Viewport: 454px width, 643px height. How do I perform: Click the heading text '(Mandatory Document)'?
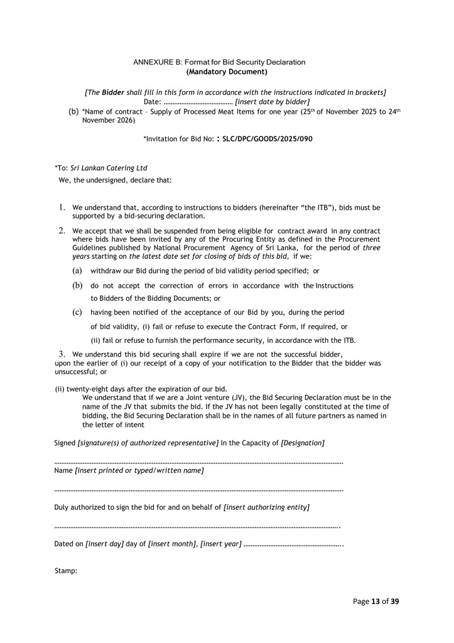[x=219, y=72]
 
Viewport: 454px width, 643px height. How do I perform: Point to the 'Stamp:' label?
[x=67, y=570]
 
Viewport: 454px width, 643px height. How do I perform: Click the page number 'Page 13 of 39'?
[x=376, y=601]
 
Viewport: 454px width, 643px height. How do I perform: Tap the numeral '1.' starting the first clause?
[x=62, y=207]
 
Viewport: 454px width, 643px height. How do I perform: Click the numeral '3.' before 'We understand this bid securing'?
[x=62, y=354]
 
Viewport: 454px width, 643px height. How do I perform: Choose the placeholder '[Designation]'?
[x=303, y=443]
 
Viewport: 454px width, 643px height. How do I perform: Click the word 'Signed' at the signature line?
[x=65, y=443]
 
